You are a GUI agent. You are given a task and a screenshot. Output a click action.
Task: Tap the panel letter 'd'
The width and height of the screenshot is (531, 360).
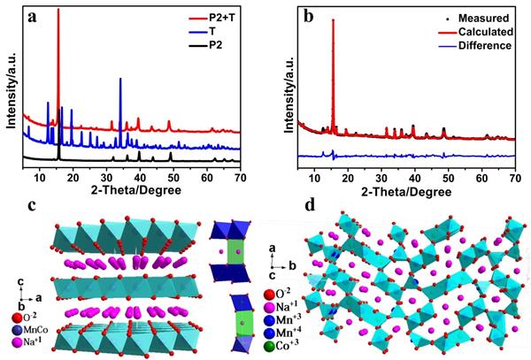309,206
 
